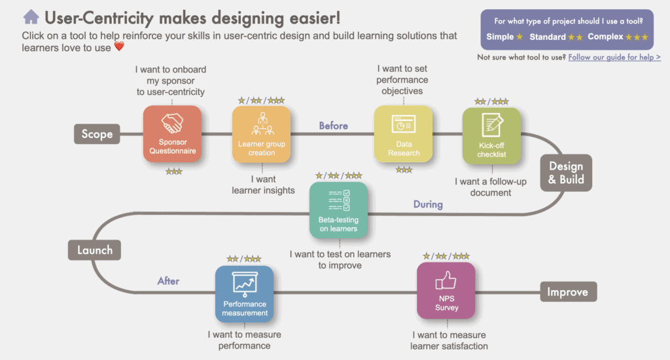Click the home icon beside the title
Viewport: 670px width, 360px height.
tap(31, 17)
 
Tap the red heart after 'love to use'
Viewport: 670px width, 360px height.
tap(119, 46)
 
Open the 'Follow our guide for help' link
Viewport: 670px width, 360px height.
tap(614, 58)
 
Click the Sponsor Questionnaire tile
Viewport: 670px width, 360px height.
tap(172, 134)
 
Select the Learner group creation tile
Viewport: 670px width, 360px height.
tap(262, 134)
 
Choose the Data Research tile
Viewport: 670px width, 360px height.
tap(403, 134)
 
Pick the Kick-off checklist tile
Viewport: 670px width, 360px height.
tap(492, 135)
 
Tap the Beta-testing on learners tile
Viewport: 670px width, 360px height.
tap(338, 210)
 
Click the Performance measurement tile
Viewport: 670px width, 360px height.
tap(245, 294)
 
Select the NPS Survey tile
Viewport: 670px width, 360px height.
tap(446, 291)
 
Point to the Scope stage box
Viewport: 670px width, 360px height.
tap(97, 134)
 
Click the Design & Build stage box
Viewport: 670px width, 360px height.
tap(566, 173)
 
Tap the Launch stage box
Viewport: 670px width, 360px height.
tap(94, 250)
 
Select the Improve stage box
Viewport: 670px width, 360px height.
tap(569, 292)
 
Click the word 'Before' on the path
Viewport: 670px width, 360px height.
tap(333, 126)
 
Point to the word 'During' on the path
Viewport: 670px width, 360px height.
tap(428, 204)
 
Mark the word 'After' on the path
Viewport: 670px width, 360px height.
tap(168, 281)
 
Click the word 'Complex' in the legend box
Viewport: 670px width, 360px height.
tap(605, 37)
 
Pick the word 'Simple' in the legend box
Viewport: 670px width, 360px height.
tap(500, 37)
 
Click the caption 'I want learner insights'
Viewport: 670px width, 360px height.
tap(263, 185)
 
